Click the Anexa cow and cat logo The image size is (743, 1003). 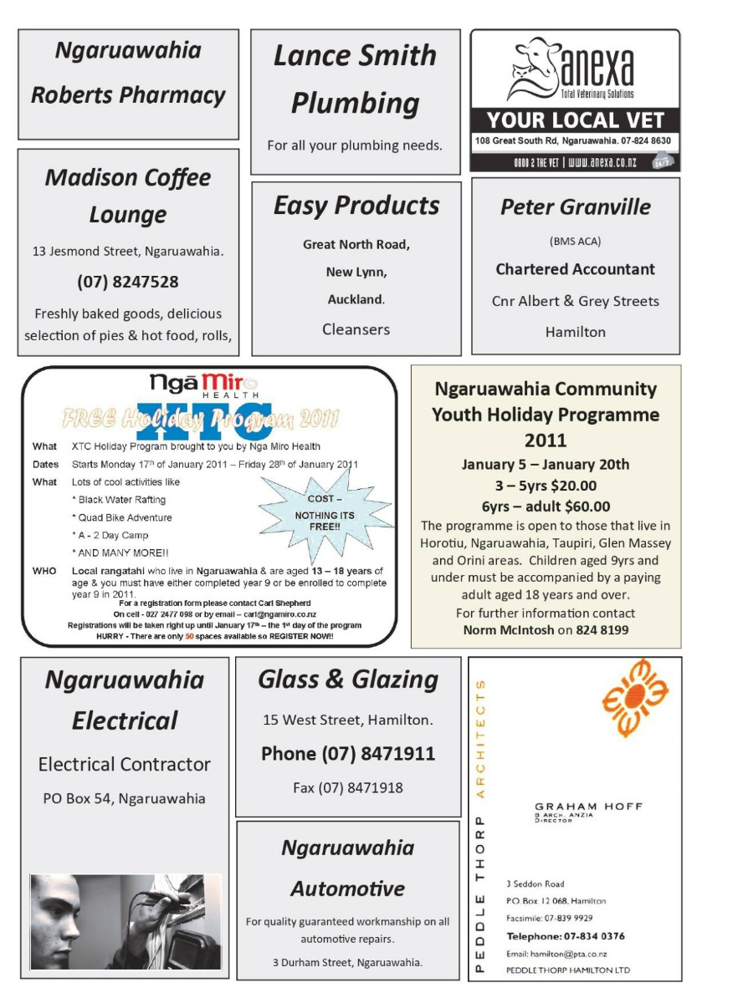coord(533,69)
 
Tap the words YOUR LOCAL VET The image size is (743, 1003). coord(575,120)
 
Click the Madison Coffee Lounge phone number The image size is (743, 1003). coord(128,282)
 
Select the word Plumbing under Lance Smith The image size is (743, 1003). coord(355,104)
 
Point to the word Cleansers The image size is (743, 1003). coord(356,329)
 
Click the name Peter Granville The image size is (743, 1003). coord(575,206)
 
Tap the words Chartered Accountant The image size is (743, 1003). coord(575,269)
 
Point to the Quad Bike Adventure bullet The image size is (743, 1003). coord(121,517)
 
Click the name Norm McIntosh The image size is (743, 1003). coord(509,629)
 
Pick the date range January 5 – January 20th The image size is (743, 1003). coord(546,465)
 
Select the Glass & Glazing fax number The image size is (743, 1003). coord(347,787)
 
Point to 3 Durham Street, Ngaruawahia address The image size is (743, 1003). coord(347,962)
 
